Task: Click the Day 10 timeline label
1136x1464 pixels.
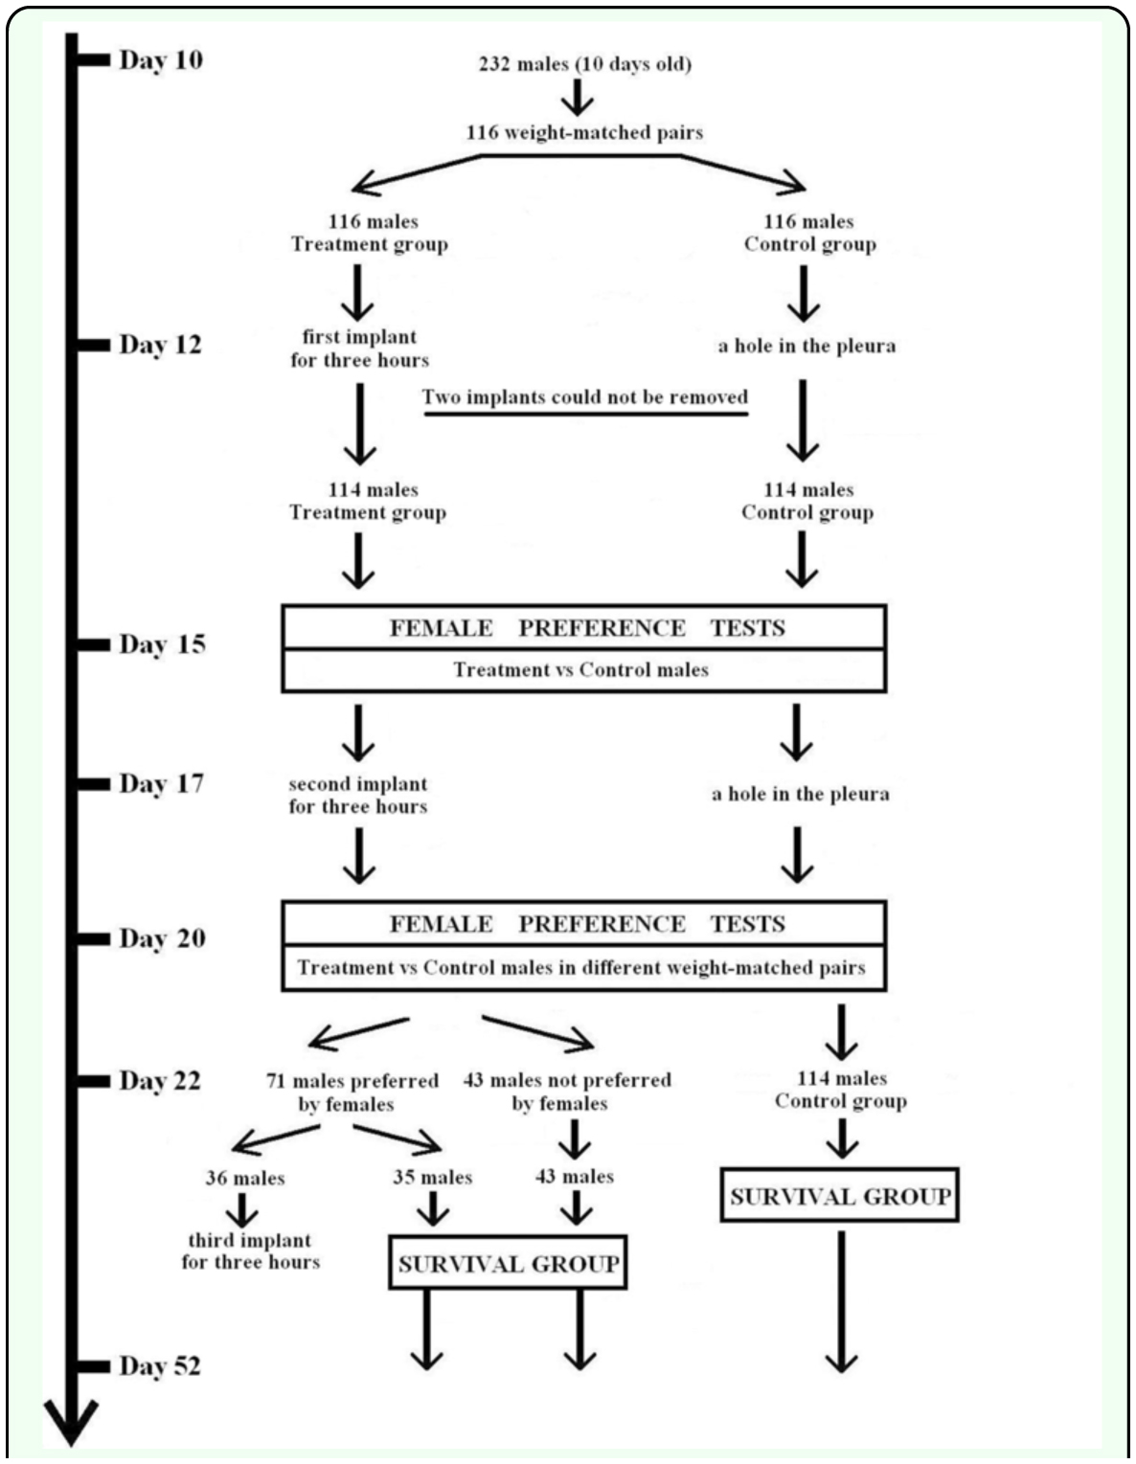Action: click(161, 60)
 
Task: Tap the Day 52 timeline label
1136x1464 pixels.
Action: click(160, 1365)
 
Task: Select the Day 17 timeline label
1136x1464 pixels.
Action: click(162, 783)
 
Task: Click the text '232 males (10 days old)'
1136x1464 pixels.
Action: click(585, 65)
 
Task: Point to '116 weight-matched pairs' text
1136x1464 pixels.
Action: click(585, 132)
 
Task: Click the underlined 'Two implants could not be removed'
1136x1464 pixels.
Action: click(585, 396)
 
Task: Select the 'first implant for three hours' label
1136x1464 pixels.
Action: click(359, 349)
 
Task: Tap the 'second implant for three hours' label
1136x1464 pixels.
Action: click(358, 795)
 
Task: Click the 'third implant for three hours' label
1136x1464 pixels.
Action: click(251, 1250)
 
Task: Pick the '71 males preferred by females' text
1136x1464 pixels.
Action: click(352, 1092)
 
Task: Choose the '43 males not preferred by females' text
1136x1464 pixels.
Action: click(567, 1092)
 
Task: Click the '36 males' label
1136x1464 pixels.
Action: click(245, 1179)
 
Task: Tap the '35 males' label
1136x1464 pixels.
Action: click(433, 1177)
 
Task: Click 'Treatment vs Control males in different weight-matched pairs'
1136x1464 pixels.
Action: click(581, 967)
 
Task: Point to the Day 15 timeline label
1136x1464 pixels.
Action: click(163, 644)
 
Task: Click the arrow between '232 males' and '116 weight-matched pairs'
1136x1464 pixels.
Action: click(579, 97)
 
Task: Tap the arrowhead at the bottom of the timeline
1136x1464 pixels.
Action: click(72, 1420)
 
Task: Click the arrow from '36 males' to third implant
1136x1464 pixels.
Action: click(241, 1209)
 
